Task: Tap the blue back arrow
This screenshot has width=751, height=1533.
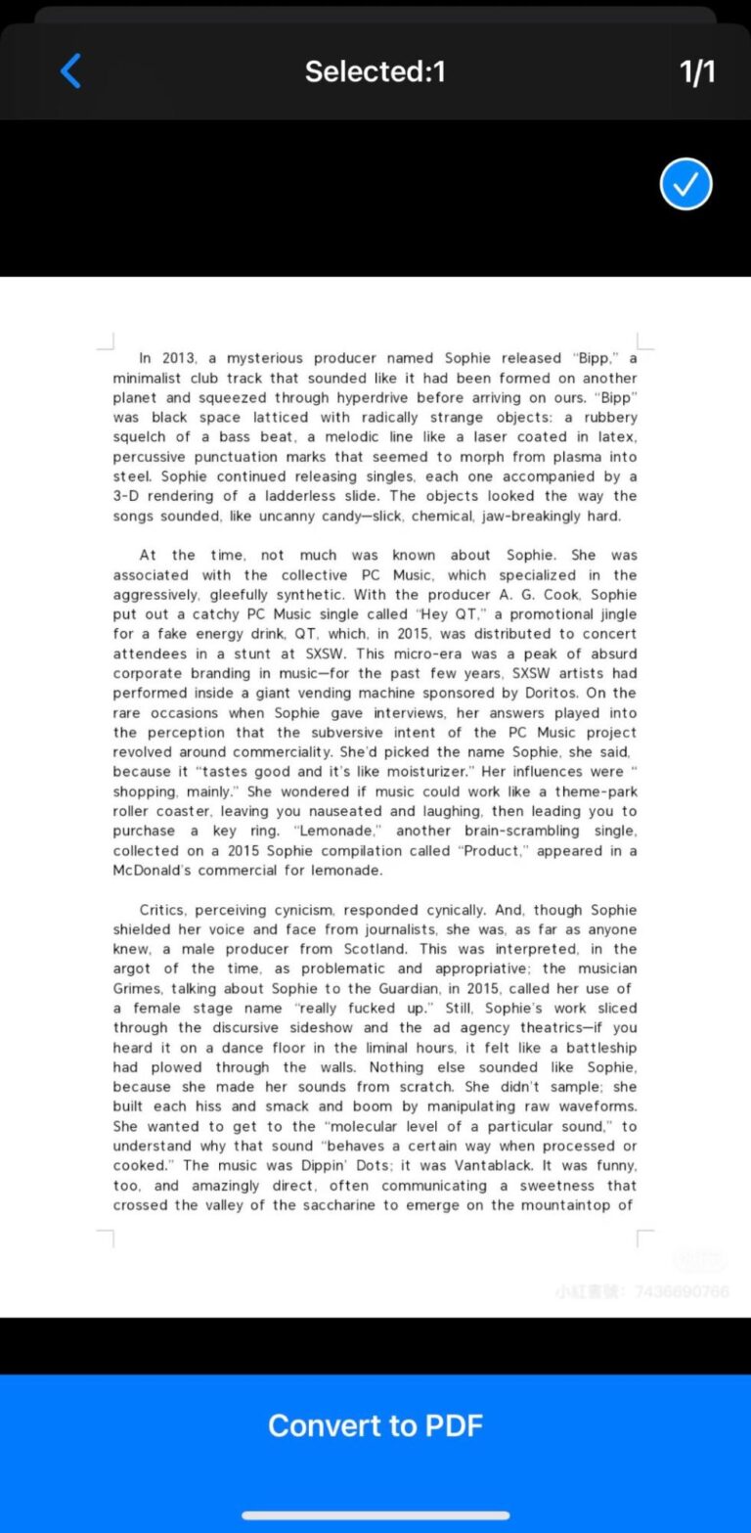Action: click(70, 71)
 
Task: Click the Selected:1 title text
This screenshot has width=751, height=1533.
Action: click(375, 71)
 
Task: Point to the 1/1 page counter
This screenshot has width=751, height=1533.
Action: click(697, 71)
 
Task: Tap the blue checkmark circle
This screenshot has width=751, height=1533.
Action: click(685, 184)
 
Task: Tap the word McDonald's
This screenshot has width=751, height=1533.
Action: click(152, 870)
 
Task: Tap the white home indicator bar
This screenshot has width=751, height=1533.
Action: click(375, 1515)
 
